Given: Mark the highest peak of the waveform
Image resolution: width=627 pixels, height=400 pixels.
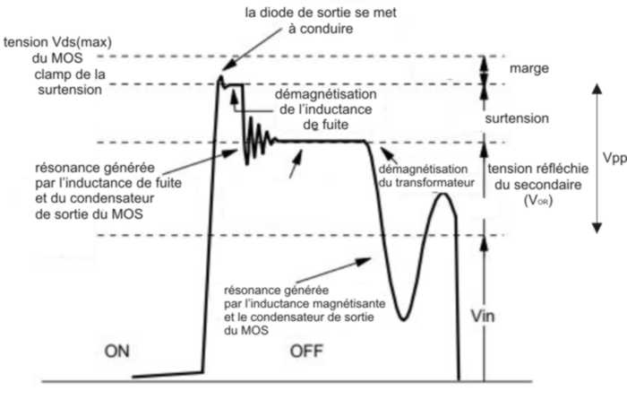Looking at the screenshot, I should point(220,78).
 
